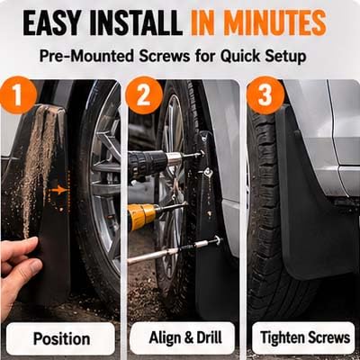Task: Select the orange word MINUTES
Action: tap(273, 23)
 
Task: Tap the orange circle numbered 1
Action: tap(17, 95)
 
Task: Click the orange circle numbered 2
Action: tap(144, 95)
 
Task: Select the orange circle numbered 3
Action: tap(265, 95)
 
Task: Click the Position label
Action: tap(61, 338)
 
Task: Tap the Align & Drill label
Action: tap(184, 337)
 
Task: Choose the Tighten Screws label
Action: tap(304, 337)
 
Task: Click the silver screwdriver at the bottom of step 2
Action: tap(174, 250)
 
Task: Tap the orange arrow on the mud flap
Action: tap(58, 190)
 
